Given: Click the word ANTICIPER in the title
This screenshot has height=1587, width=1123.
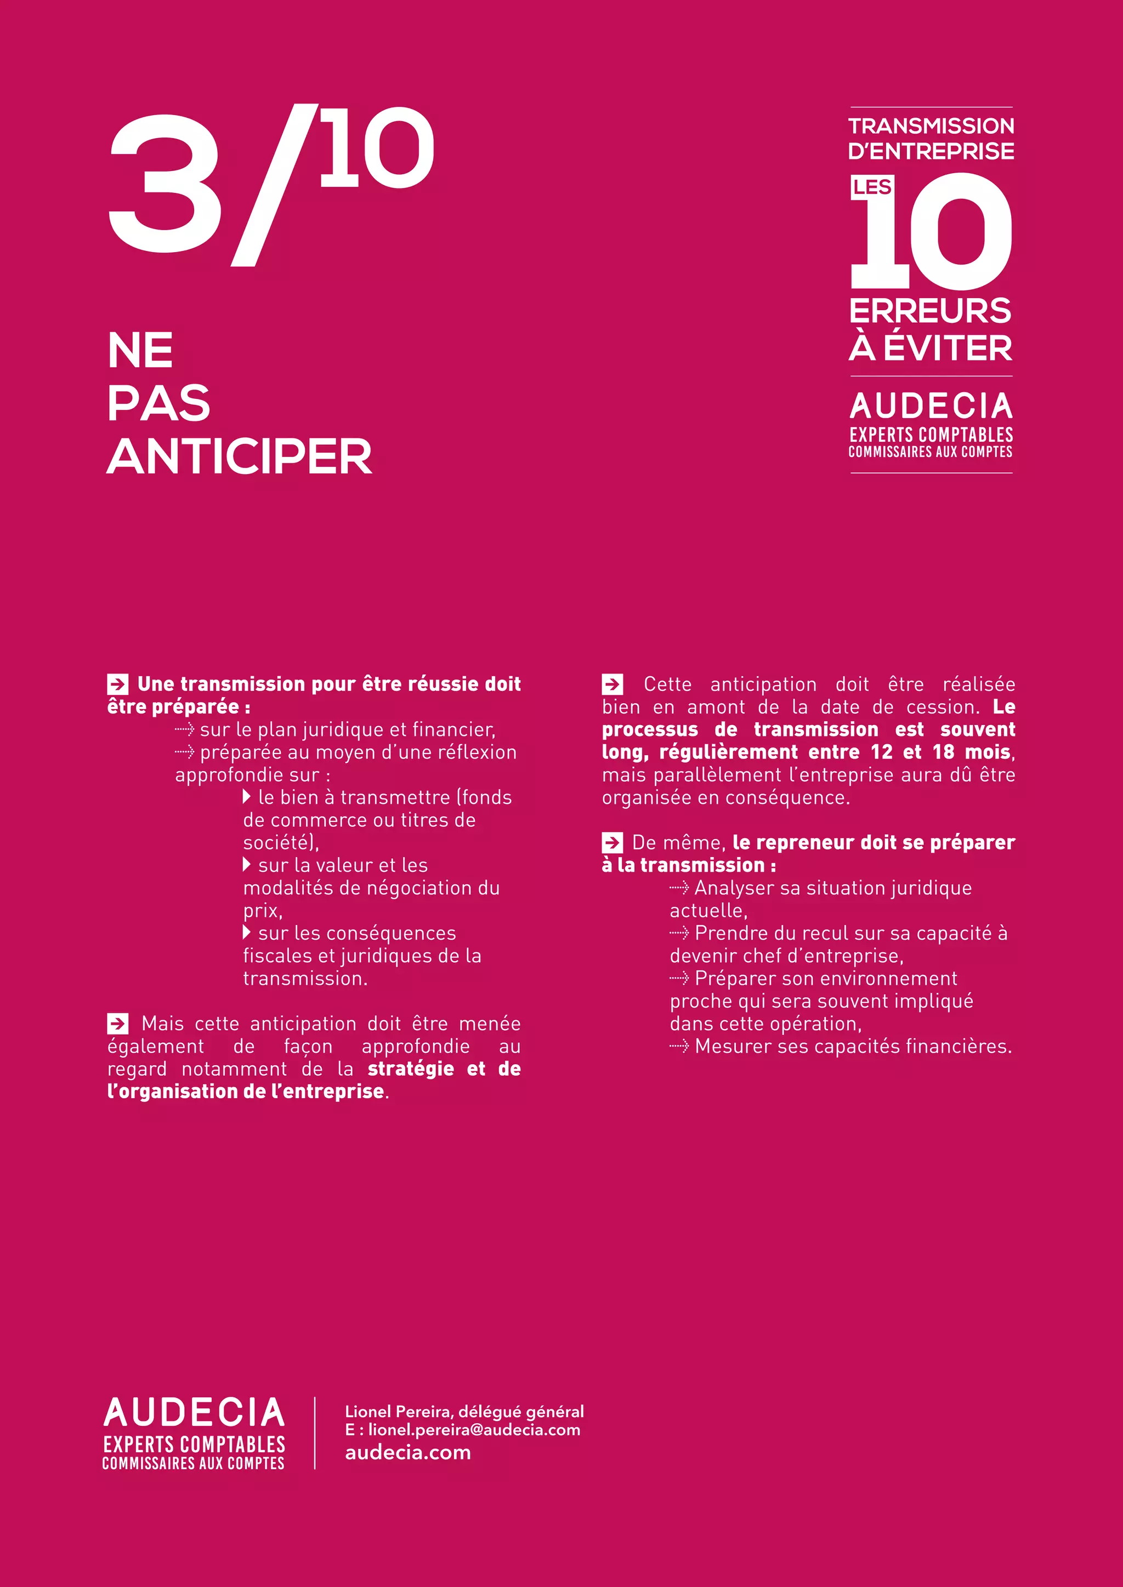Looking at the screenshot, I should coord(239,457).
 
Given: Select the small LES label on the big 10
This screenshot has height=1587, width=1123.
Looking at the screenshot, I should coord(872,187).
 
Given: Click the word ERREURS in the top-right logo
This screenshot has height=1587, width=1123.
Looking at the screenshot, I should coord(930,311).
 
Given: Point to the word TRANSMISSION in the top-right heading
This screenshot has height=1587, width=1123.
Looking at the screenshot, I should coord(931,126).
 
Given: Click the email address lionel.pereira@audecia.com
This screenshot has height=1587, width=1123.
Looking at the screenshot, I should coord(474,1429).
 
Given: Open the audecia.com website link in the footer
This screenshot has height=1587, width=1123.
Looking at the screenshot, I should coord(408,1452).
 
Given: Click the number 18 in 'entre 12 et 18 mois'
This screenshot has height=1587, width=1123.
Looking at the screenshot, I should coord(943,752).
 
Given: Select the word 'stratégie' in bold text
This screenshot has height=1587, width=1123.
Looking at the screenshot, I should coord(411,1069).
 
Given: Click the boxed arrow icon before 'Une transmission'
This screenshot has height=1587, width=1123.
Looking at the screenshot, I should coord(117,684).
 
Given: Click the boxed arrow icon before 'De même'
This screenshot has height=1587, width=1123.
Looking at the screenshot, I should coord(612,843).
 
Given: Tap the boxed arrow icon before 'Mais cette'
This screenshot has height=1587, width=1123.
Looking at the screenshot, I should coord(117,1024).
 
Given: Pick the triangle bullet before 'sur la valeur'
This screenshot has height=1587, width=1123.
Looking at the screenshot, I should coord(247,865).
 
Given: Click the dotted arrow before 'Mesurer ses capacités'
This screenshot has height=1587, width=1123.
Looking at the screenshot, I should coord(679,1047).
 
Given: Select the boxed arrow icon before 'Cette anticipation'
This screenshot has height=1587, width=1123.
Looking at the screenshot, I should coord(612,684).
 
